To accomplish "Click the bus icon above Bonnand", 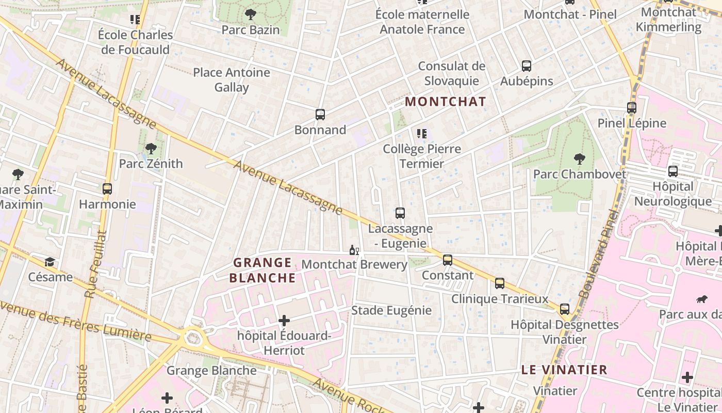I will click(x=320, y=115).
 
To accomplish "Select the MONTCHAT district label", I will click(x=446, y=102).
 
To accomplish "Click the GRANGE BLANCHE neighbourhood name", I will click(x=262, y=271).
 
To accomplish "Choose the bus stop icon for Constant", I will click(x=448, y=260).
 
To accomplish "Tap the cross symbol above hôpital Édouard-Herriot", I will click(x=284, y=321).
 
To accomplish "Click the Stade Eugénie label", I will click(x=391, y=310).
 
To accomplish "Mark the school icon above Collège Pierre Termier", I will click(x=422, y=134).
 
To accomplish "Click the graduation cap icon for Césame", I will click(x=50, y=262).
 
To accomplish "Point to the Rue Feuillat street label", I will click(x=95, y=264).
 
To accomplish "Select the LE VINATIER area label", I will click(x=564, y=370).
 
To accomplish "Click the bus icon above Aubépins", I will click(x=526, y=66).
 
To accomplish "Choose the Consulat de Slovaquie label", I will click(x=452, y=73).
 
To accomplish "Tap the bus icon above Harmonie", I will click(x=107, y=189).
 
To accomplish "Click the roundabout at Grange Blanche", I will click(x=193, y=339).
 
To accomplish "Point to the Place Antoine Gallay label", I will click(x=232, y=80).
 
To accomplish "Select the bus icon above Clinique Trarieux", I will click(x=500, y=283).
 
